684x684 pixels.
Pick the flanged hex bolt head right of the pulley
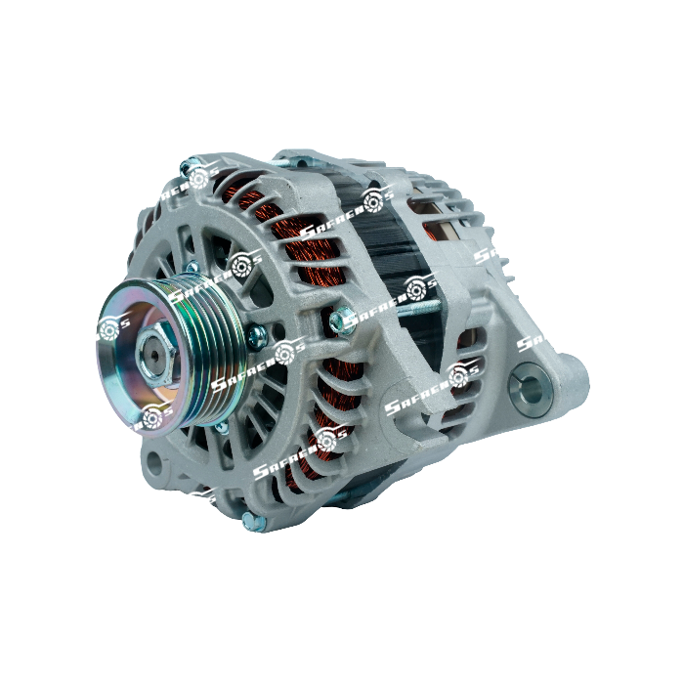pyautogui.click(x=341, y=320)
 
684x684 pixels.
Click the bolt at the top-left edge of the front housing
pyautogui.click(x=192, y=168)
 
